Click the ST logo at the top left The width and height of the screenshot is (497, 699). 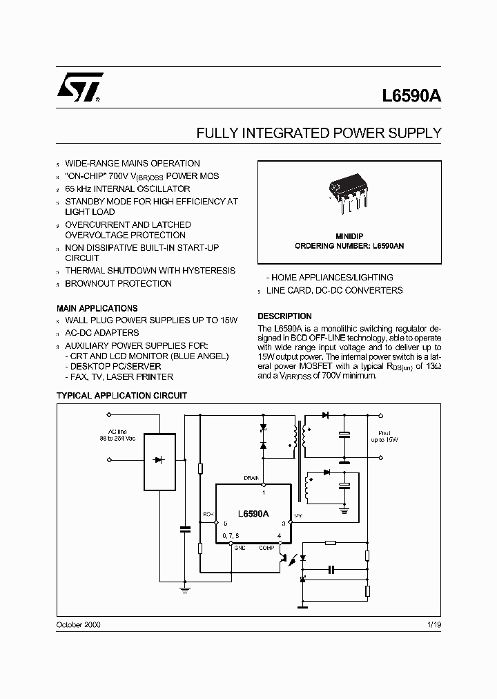point(80,86)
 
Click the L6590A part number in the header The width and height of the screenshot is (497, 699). point(411,98)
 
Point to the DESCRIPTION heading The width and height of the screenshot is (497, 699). point(284,316)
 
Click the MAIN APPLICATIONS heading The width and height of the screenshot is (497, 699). point(97,308)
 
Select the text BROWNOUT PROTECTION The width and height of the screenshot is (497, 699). point(118,283)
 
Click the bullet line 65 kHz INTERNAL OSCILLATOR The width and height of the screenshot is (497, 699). point(127,189)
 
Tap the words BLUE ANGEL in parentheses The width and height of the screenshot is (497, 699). point(204,356)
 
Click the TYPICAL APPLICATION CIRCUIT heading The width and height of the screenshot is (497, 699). point(121,396)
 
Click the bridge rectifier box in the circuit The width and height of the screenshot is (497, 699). point(159,459)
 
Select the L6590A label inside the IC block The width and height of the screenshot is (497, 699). point(253,513)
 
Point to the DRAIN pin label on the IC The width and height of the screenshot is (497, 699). point(251,478)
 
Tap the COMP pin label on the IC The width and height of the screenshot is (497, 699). point(267,547)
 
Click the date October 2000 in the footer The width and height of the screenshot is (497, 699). point(78,624)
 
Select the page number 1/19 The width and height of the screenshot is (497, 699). point(433,624)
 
